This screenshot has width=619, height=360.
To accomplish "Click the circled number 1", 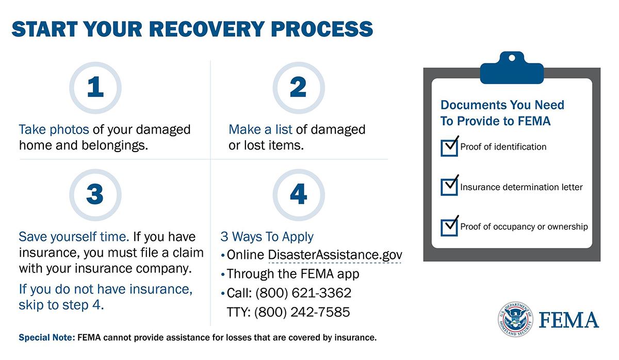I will tap(95, 88).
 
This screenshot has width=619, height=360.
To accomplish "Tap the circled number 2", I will tap(298, 88).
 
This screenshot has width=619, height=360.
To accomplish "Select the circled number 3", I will tap(95, 194).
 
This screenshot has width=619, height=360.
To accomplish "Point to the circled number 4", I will tap(298, 194).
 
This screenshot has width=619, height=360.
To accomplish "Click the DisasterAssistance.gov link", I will tap(335, 255).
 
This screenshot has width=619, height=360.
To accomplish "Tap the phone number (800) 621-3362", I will tap(303, 293).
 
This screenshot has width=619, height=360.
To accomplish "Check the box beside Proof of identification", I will tap(449, 148).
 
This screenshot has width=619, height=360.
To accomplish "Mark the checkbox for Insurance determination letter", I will tap(449, 187).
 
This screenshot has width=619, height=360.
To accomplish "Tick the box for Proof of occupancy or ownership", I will tap(449, 227).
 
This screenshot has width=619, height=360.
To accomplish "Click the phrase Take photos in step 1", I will tap(54, 129).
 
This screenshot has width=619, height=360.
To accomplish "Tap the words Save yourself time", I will tap(74, 237).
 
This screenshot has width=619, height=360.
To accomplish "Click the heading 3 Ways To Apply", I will tap(267, 237).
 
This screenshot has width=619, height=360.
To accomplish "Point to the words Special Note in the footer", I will tap(46, 339).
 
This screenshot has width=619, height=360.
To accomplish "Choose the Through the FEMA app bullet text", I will tap(293, 274).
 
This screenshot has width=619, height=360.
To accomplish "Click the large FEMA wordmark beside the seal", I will tap(569, 320).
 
